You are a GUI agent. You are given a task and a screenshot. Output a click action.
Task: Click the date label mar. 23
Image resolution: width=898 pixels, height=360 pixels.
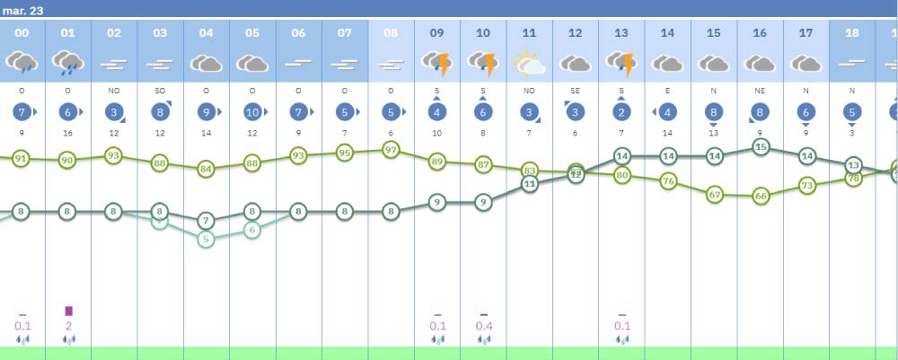tap(24, 9)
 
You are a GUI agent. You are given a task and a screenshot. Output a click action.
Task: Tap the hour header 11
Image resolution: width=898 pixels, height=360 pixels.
tap(530, 33)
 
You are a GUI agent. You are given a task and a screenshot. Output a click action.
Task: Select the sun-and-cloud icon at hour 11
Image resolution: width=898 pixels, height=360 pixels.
tap(530, 64)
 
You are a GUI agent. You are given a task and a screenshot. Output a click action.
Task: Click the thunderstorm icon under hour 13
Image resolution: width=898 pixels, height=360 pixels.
tap(622, 64)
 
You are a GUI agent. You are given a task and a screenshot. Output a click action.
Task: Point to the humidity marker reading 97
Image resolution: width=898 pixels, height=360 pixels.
tap(391, 150)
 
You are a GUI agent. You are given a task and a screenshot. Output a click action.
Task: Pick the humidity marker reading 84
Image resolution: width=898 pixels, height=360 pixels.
tap(207, 169)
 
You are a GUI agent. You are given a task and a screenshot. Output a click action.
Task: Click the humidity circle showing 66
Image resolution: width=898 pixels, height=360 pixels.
tap(761, 196)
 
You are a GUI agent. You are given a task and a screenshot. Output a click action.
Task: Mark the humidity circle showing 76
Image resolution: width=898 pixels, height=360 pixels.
tap(668, 181)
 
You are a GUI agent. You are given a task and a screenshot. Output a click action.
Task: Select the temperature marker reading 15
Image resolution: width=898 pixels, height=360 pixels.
tap(761, 146)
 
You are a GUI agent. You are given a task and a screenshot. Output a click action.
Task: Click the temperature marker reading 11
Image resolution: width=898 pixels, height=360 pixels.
tap(530, 185)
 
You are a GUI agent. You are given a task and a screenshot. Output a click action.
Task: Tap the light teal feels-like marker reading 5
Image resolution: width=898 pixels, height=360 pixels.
tap(207, 239)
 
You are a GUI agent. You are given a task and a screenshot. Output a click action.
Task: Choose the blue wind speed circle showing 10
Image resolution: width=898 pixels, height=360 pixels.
tap(252, 112)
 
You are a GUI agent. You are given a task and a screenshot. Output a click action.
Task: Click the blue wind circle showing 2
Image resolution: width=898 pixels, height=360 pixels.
tap(622, 112)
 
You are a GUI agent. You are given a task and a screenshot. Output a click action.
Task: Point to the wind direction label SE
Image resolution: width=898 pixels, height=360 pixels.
tap(576, 91)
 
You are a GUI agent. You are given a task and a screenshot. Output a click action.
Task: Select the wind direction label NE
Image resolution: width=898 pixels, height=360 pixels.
tap(761, 91)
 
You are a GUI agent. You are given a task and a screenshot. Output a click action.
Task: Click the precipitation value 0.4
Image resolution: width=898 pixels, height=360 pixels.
tap(484, 326)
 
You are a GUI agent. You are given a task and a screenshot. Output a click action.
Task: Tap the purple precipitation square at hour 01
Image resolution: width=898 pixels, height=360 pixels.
tap(68, 311)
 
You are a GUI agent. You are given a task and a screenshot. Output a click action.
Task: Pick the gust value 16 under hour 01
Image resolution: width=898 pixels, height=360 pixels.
tap(68, 133)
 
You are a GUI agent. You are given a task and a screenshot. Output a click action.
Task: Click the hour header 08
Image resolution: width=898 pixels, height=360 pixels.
tap(391, 33)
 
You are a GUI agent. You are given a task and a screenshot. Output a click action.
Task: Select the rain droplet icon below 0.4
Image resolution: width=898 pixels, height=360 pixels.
tap(484, 340)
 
